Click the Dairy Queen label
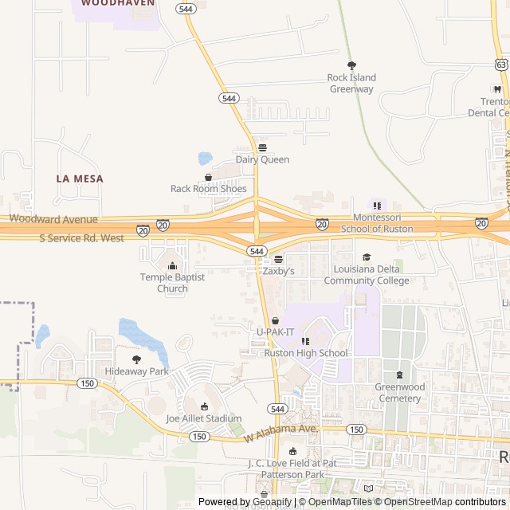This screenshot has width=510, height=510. (x=262, y=159)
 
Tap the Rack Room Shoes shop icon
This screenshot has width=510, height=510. (x=208, y=177)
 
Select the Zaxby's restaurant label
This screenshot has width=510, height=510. (x=278, y=271)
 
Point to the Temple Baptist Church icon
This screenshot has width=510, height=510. (x=172, y=265)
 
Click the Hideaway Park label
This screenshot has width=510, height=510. (x=136, y=371)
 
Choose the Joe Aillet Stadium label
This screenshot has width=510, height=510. (x=204, y=418)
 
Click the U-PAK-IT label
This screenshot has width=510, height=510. (x=275, y=331)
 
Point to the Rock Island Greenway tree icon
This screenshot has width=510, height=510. (x=351, y=65)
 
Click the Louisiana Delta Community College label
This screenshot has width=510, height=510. (x=367, y=274)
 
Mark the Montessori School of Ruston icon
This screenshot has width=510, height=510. (x=377, y=206)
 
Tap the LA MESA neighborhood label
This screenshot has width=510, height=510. (x=80, y=178)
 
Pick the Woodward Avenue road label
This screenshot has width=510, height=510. (x=53, y=218)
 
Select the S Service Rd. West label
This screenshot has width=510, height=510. (x=81, y=238)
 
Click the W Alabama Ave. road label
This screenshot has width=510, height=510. (x=280, y=433)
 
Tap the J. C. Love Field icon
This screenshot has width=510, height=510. (x=292, y=452)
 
